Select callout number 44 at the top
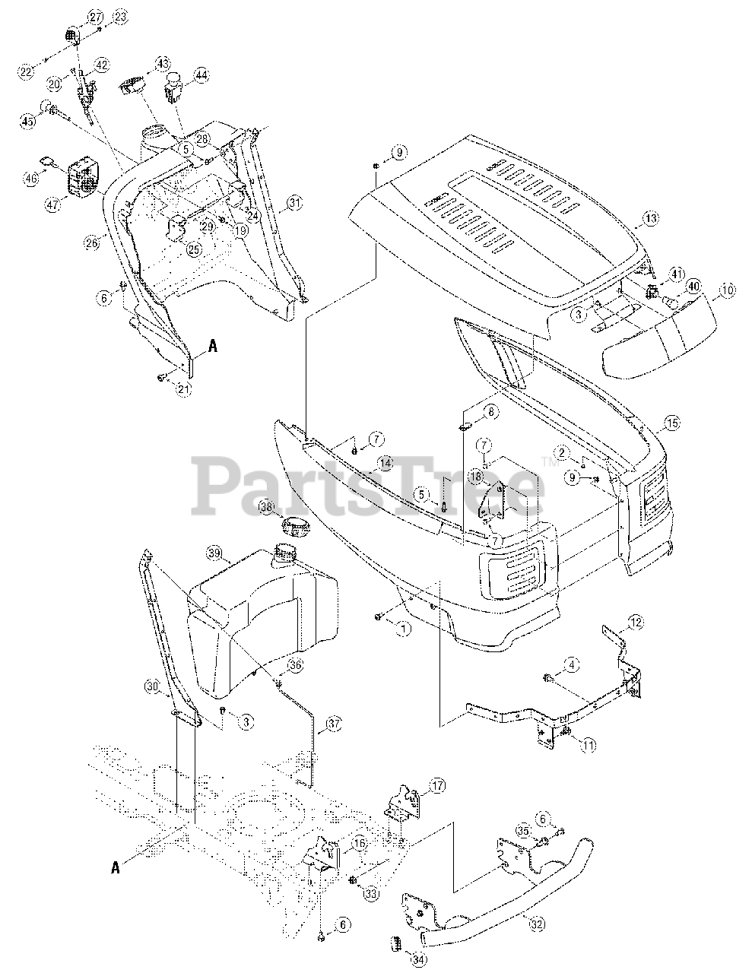point(200,75)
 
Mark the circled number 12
point(636,623)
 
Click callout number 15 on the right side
point(671,424)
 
